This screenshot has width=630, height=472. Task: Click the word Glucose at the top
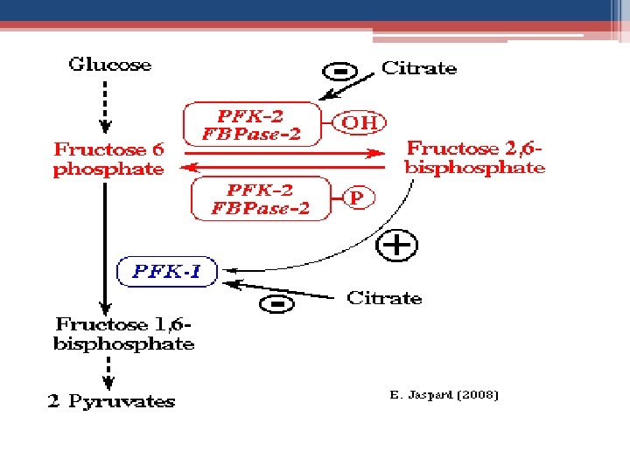(x=110, y=65)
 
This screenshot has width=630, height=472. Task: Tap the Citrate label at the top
(x=418, y=68)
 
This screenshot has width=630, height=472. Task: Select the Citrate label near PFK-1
(x=384, y=298)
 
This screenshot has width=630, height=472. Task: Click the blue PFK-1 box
(x=165, y=272)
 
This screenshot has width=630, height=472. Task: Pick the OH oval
(x=360, y=122)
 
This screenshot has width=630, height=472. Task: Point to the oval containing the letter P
(x=356, y=198)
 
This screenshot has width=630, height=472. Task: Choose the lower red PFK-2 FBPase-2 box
(x=261, y=198)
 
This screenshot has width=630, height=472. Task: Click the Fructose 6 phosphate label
(x=108, y=159)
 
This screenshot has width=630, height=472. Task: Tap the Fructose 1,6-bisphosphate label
(x=123, y=334)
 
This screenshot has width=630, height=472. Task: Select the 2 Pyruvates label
(x=110, y=402)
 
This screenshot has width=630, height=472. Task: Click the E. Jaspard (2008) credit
(x=444, y=395)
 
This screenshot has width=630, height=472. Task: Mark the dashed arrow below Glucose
(x=106, y=104)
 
